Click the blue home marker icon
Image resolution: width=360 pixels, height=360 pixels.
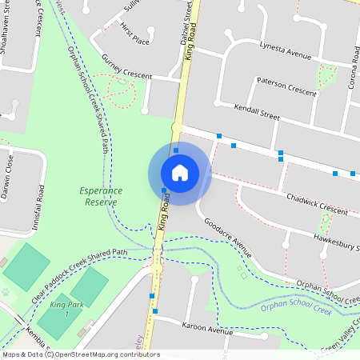pyautogui.click(x=179, y=173)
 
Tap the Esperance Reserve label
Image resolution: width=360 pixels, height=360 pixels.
pyautogui.click(x=101, y=196)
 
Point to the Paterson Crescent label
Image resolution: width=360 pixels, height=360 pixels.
pyautogui.click(x=286, y=86)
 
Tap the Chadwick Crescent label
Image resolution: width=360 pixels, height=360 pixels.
pyautogui.click(x=316, y=203)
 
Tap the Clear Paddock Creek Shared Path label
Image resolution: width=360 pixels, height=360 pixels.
pyautogui.click(x=79, y=271)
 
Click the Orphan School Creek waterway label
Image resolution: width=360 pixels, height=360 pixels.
pyautogui.click(x=295, y=309)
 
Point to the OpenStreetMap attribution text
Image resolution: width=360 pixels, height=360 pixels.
pyautogui.click(x=80, y=354)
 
